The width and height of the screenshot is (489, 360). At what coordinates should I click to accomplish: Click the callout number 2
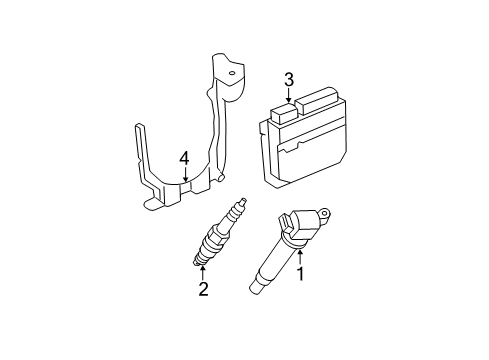pyautogui.click(x=203, y=290)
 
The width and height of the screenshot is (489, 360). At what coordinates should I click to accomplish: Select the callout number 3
pyautogui.click(x=289, y=80)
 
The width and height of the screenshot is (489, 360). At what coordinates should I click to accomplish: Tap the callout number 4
pyautogui.click(x=184, y=158)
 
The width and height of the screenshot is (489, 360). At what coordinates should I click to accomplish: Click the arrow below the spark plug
pyautogui.click(x=203, y=273)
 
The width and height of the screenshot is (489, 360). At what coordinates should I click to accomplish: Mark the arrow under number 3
pyautogui.click(x=289, y=97)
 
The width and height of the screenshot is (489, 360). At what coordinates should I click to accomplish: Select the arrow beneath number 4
pyautogui.click(x=184, y=175)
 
